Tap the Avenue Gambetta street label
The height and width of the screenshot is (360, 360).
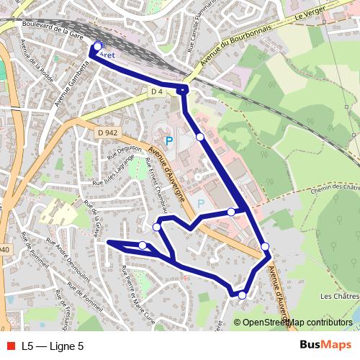[x=71, y=79]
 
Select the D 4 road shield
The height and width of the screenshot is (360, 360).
[x=158, y=91]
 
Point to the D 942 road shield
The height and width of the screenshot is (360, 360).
[x=107, y=132]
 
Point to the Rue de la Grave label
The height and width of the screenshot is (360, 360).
[x=92, y=218]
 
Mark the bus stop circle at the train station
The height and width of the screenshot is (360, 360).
[x=98, y=46]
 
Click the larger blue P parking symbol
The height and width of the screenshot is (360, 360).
[x=169, y=141]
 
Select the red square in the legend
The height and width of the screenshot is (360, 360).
[x=9, y=346]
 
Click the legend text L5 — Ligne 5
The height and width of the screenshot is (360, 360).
[x=53, y=346]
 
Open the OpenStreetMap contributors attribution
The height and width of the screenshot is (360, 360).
[x=297, y=323]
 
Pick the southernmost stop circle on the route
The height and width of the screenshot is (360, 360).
[x=242, y=295]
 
